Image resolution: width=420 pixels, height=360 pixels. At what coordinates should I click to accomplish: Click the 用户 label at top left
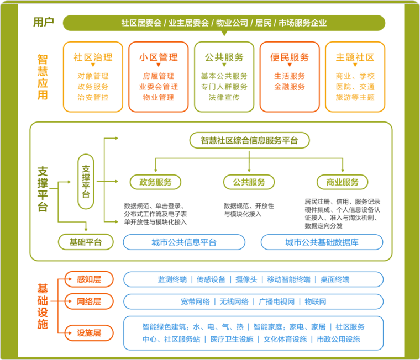click(x=44, y=22)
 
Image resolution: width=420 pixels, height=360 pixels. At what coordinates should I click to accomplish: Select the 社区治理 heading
click(x=93, y=57)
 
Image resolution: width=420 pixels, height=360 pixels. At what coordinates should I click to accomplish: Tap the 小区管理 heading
click(x=158, y=57)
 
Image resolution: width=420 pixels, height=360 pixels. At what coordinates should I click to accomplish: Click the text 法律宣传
click(x=224, y=97)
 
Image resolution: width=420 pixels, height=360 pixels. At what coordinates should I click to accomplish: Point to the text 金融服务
click(x=290, y=87)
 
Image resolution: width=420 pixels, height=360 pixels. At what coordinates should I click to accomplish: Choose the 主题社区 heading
click(x=355, y=57)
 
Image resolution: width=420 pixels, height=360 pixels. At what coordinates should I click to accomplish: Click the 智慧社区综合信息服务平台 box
click(x=249, y=140)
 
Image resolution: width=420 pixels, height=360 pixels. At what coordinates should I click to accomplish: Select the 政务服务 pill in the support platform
click(x=155, y=182)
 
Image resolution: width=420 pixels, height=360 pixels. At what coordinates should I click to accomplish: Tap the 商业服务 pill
click(x=342, y=182)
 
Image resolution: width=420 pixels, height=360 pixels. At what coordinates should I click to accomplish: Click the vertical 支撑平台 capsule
click(x=86, y=182)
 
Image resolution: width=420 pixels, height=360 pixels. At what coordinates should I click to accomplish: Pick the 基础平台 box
click(x=86, y=242)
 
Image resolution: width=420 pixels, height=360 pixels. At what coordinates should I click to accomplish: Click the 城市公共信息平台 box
click(x=184, y=242)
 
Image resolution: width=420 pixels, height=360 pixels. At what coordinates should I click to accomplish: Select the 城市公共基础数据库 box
click(x=322, y=242)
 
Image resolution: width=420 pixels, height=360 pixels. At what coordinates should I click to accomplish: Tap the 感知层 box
click(x=89, y=279)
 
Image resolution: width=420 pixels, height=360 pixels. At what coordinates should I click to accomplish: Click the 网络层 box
click(x=89, y=301)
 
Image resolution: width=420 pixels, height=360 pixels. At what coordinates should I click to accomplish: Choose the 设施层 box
click(x=89, y=333)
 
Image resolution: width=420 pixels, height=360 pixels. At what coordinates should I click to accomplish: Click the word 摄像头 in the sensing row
click(x=246, y=279)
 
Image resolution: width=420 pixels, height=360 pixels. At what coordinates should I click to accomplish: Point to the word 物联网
click(x=316, y=301)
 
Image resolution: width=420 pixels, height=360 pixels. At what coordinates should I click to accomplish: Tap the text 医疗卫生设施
click(x=232, y=339)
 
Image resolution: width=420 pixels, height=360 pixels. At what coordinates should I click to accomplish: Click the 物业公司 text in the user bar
click(x=232, y=23)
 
